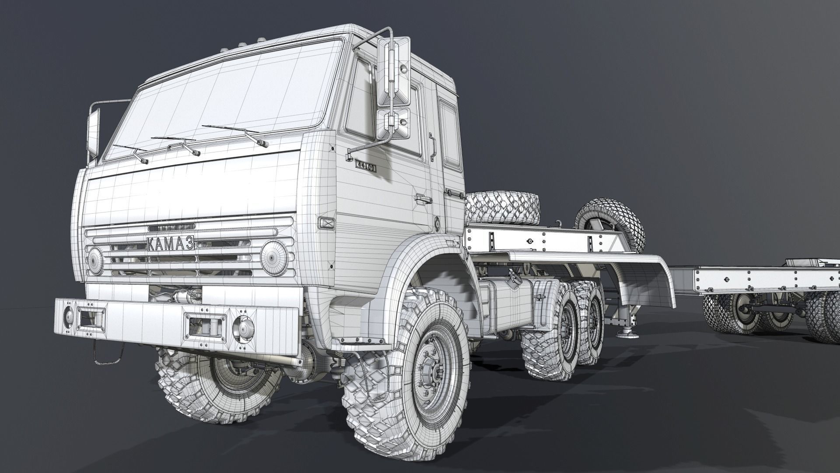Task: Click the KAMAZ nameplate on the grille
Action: click(171, 244)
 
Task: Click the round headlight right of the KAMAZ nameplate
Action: click(274, 258)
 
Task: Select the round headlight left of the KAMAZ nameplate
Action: click(95, 259)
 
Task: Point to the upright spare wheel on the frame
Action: click(610, 226)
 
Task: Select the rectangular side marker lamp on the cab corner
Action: click(326, 223)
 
